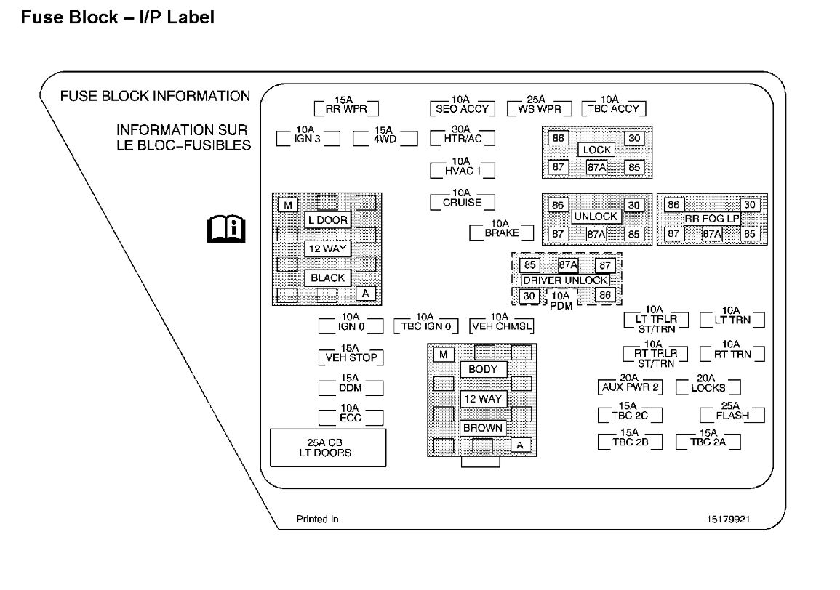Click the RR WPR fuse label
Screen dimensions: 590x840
[x=343, y=110]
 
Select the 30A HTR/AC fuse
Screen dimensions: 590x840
[x=463, y=138]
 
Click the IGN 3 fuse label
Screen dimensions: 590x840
[x=307, y=138]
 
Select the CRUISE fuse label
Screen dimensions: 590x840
[x=462, y=203]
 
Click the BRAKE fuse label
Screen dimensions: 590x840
[x=502, y=233]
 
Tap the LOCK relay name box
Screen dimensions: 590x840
[x=596, y=150]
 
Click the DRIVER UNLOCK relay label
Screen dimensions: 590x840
[x=565, y=280]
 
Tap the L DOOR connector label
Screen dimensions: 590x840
[x=327, y=219]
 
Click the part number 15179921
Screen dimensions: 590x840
[x=727, y=520]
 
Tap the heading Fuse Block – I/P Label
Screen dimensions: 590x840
[x=118, y=17]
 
